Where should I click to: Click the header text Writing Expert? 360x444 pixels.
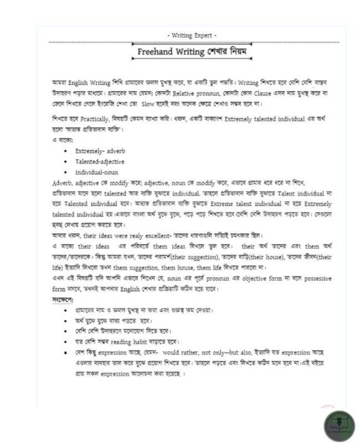[191, 36]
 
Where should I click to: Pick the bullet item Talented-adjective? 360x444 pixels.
[100, 162]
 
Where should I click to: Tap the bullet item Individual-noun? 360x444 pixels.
[97, 172]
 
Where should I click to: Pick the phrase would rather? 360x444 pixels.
[181, 352]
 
